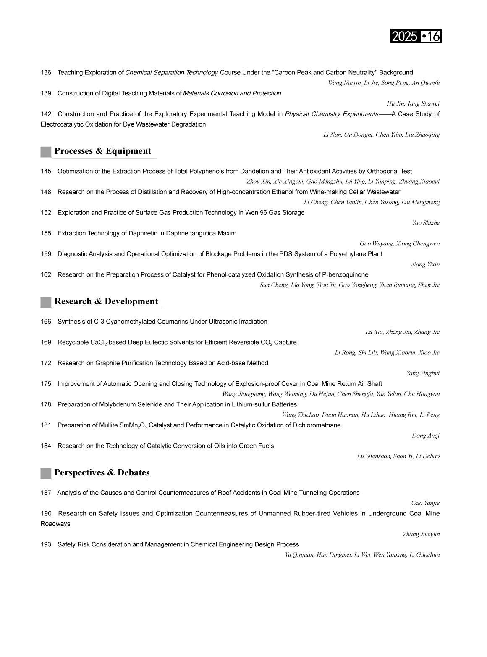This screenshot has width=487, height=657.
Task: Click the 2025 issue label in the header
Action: click(404, 37)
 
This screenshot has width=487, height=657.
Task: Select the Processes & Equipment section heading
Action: click(102, 151)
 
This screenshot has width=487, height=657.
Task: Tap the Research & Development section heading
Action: click(106, 301)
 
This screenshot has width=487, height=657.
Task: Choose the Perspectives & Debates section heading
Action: click(102, 472)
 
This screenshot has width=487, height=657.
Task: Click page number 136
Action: click(46, 73)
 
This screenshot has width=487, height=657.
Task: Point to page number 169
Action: click(46, 343)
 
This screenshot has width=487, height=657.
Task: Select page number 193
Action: click(46, 545)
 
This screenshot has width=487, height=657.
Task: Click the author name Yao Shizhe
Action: click(426, 223)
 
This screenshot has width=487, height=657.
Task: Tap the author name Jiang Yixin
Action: click(425, 264)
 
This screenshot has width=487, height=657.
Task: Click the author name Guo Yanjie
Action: click(425, 503)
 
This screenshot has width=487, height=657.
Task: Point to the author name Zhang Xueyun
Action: click(421, 534)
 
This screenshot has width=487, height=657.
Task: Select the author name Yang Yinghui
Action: click(423, 373)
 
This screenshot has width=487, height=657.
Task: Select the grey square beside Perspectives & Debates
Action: click(46, 473)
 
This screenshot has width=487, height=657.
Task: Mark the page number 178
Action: click(46, 405)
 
